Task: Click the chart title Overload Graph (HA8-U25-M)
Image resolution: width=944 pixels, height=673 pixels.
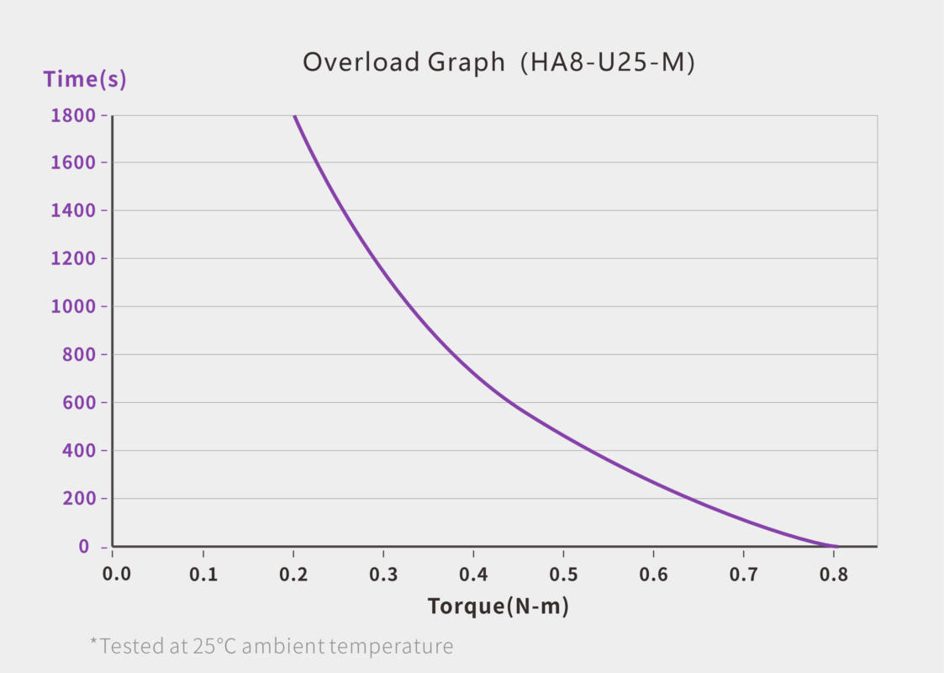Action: coord(498,63)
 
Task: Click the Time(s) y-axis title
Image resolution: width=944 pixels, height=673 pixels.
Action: coord(85,80)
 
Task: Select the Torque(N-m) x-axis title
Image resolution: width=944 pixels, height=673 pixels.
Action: coord(498,606)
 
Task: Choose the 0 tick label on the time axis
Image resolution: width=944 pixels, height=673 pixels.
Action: coord(84,547)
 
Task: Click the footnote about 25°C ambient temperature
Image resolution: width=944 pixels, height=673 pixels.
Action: coord(272,646)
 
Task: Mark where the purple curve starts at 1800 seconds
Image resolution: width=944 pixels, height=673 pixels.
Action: coord(294,116)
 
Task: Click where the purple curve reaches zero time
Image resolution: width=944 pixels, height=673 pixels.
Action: coord(835,546)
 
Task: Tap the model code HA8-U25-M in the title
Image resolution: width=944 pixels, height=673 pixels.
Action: coord(607,63)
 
